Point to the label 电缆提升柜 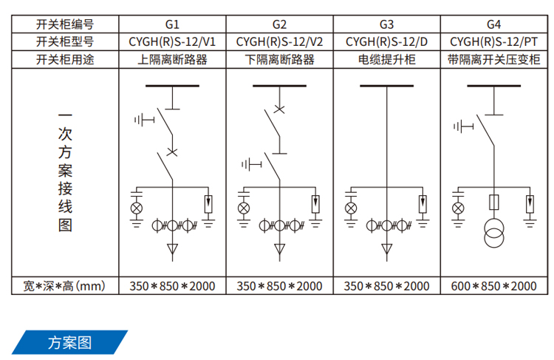(x=386, y=58)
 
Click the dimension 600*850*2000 (x=493, y=285)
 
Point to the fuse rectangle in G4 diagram (x=493, y=202)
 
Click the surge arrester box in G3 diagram (x=423, y=201)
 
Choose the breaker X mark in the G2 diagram (x=279, y=109)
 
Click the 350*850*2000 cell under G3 (x=386, y=285)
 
